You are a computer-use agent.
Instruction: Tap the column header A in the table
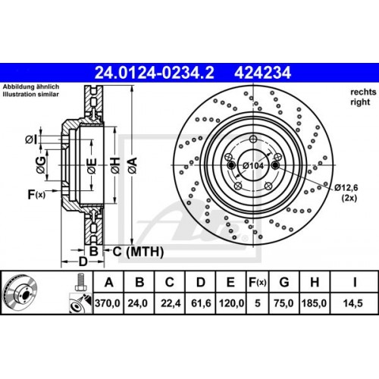(108, 283)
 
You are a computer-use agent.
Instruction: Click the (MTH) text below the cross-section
(138, 251)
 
